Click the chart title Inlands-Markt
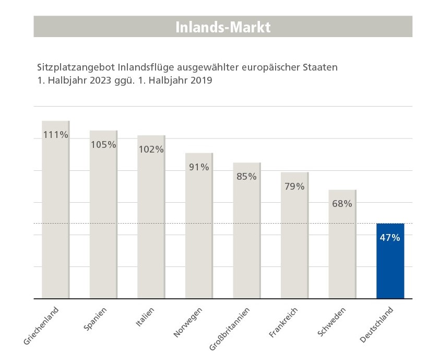tap(223, 27)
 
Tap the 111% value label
tap(56, 135)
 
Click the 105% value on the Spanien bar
tap(103, 145)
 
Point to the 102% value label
tap(151, 149)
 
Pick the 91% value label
tap(199, 167)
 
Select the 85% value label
tap(246, 177)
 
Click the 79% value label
tap(294, 187)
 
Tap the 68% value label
tap(342, 204)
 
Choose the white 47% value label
tap(390, 238)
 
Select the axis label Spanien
tap(95, 319)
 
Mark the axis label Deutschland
tap(376, 325)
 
